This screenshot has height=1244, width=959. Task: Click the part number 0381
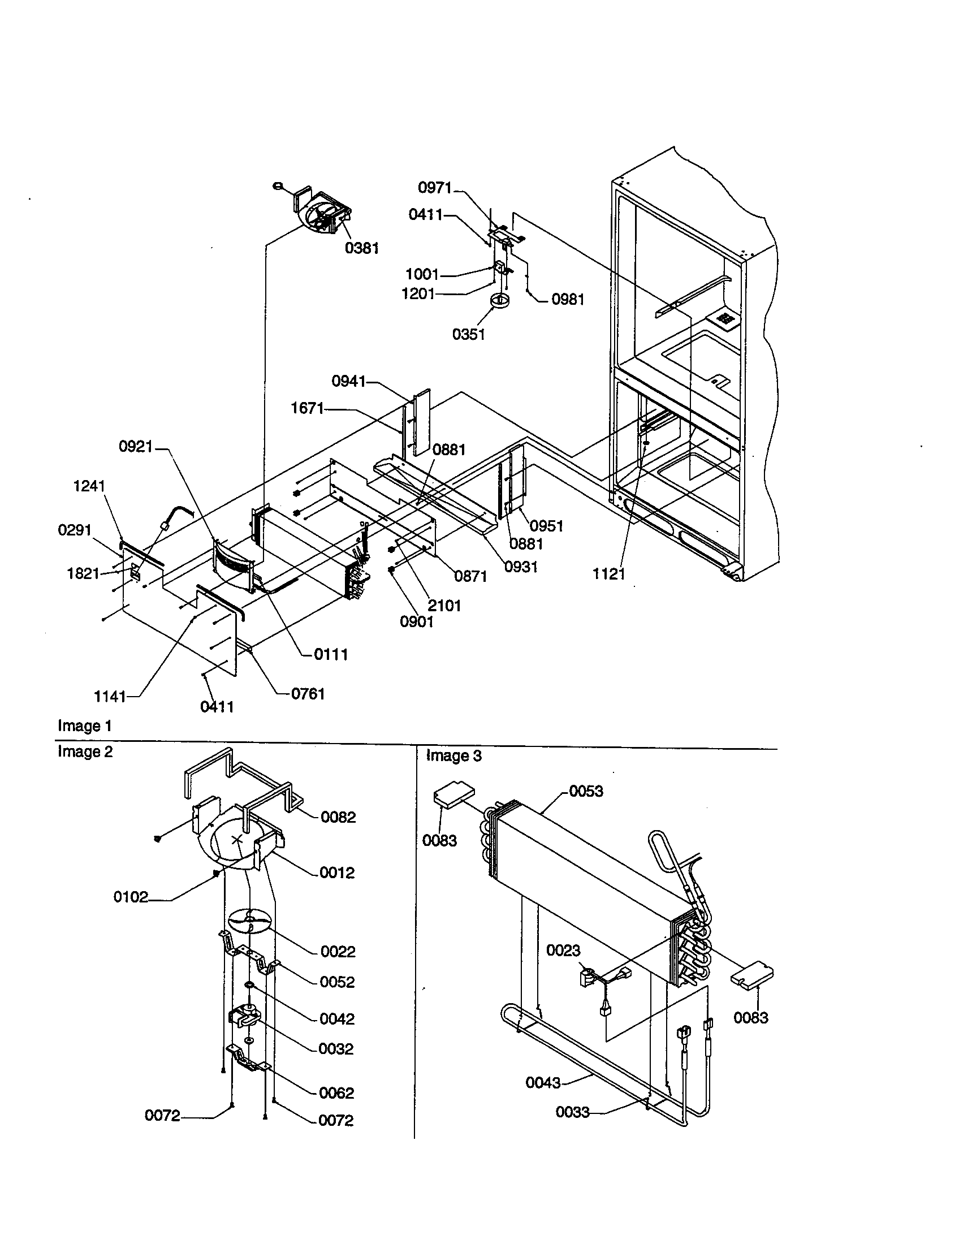click(x=362, y=248)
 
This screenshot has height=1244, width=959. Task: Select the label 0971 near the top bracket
click(x=434, y=187)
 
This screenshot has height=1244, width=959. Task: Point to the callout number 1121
click(x=609, y=574)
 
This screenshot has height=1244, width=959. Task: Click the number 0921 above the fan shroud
click(x=136, y=447)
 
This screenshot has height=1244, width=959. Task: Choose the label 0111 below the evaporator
click(x=331, y=654)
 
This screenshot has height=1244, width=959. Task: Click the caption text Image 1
click(x=84, y=725)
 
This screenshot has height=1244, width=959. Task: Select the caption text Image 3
click(x=454, y=756)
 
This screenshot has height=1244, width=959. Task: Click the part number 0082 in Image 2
click(x=338, y=817)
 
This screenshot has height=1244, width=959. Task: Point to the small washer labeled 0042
click(x=249, y=986)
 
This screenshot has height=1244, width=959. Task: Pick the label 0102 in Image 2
click(x=131, y=897)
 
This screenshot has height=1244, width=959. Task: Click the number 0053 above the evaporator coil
click(x=586, y=791)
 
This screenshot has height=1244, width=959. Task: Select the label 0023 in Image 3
click(x=563, y=950)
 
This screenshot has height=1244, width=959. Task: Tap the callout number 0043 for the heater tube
click(x=543, y=1082)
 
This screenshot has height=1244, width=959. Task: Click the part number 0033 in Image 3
click(x=572, y=1112)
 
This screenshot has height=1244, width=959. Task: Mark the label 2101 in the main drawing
click(x=444, y=606)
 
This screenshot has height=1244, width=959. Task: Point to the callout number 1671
click(x=307, y=408)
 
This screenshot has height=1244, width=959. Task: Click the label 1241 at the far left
click(x=89, y=486)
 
